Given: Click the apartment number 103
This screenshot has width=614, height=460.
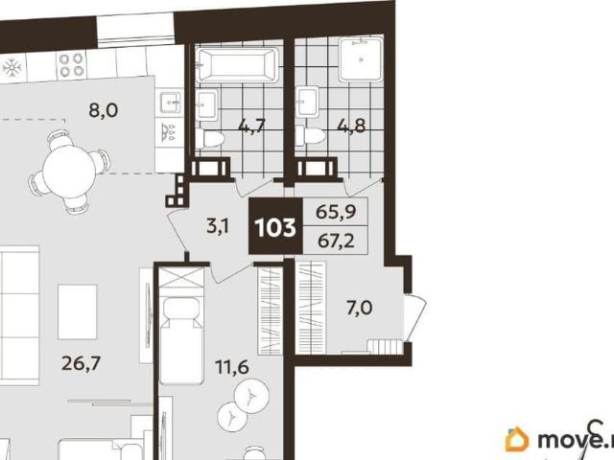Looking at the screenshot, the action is point(275,227).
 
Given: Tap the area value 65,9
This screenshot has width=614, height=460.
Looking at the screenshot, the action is point(336,213).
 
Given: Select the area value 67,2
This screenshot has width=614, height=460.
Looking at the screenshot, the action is point(336,241).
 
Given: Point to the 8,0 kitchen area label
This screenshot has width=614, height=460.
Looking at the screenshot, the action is point(103,111).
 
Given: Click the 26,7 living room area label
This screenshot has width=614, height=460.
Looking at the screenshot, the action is point(82,364).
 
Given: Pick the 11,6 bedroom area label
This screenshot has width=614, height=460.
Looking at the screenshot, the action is point(232,367).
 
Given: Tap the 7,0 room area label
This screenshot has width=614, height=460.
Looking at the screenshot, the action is point(359,309).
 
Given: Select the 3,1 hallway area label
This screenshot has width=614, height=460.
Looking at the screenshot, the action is point(218,226).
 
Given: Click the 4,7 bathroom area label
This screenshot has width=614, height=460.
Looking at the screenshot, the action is point(252,126).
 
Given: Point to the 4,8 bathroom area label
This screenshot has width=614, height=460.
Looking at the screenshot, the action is point(351,126).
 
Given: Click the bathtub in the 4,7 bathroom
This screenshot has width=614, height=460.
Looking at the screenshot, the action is point(237,64).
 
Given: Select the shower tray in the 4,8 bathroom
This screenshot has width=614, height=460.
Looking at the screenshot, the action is point(361,58).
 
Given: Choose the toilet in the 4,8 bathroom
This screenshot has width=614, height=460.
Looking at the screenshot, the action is point(310,136).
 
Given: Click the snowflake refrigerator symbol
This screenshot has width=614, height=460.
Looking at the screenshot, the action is point(12,68).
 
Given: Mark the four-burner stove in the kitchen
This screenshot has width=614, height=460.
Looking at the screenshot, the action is point(71,65).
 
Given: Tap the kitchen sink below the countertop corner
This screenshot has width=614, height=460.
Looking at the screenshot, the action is point(170,103).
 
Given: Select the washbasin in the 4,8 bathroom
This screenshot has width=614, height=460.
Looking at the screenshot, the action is point(307,103).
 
